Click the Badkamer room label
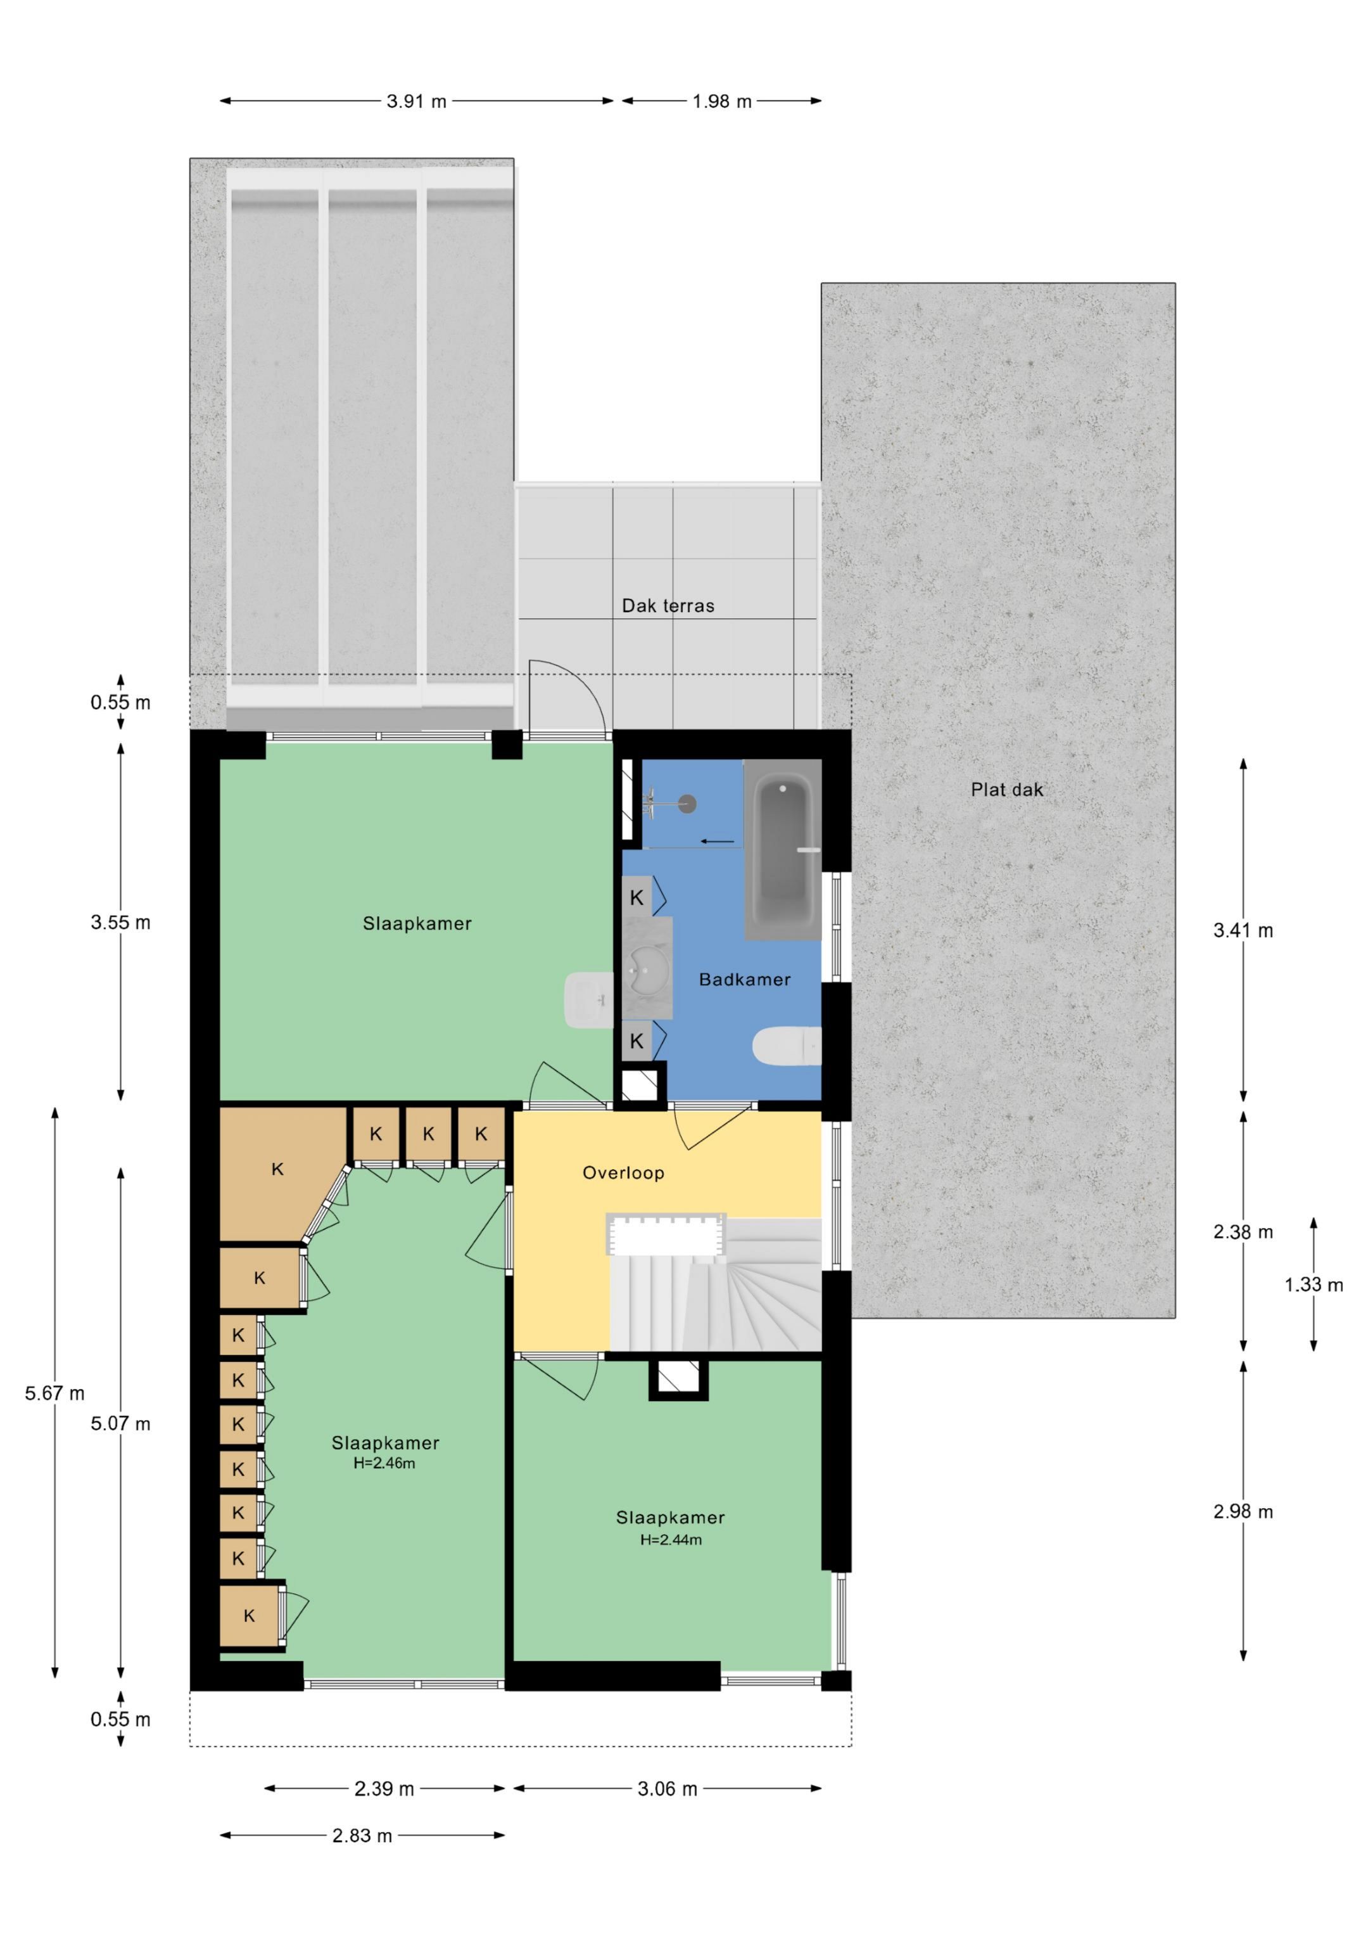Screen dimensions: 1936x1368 coord(744,980)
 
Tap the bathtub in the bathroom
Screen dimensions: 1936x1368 coord(782,849)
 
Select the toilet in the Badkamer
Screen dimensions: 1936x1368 coord(785,1046)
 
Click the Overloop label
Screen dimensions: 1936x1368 coord(623,1173)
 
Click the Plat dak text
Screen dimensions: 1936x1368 coord(1006,790)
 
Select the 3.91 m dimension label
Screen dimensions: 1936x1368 coord(416,102)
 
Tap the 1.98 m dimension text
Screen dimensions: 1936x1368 coord(721,102)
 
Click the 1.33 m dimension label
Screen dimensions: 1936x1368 coord(1313,1285)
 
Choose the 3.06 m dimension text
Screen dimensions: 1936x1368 coord(667,1789)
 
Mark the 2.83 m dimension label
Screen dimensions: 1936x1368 coord(362,1836)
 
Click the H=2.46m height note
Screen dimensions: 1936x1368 coord(384,1464)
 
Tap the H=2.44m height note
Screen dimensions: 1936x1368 coord(671,1540)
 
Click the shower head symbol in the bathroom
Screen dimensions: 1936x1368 coord(687,804)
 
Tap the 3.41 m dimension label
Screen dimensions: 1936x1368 coord(1243,931)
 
